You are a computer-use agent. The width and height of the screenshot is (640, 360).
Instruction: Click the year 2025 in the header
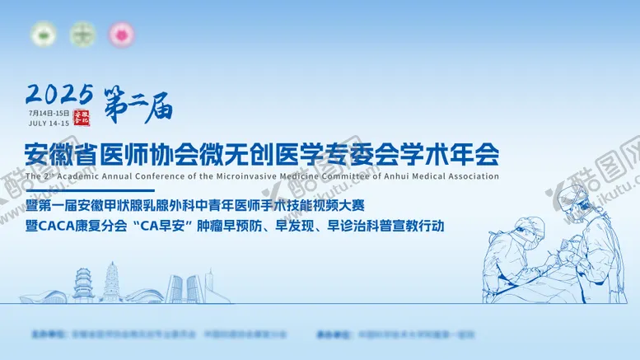[59, 93]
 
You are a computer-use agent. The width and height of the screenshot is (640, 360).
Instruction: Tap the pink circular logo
[123, 35]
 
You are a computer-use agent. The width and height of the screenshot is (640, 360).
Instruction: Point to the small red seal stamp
[81, 117]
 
